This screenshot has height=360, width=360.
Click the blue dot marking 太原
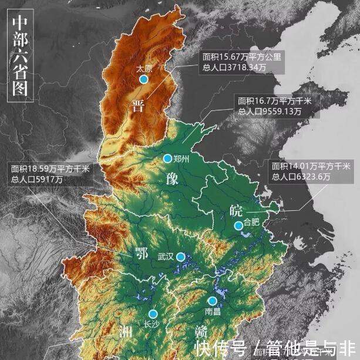pos(143,79)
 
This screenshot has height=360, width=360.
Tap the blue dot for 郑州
pos(167,158)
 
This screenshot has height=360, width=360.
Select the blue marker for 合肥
pos(238,226)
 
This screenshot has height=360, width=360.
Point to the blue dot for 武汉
pos(181,257)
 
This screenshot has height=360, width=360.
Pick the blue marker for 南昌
pos(213,301)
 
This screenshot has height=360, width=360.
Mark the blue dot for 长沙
pos(153,314)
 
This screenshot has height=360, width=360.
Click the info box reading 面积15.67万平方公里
pos(243,62)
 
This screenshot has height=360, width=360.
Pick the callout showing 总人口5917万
pos(49,174)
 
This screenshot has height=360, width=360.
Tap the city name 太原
pos(143,68)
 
